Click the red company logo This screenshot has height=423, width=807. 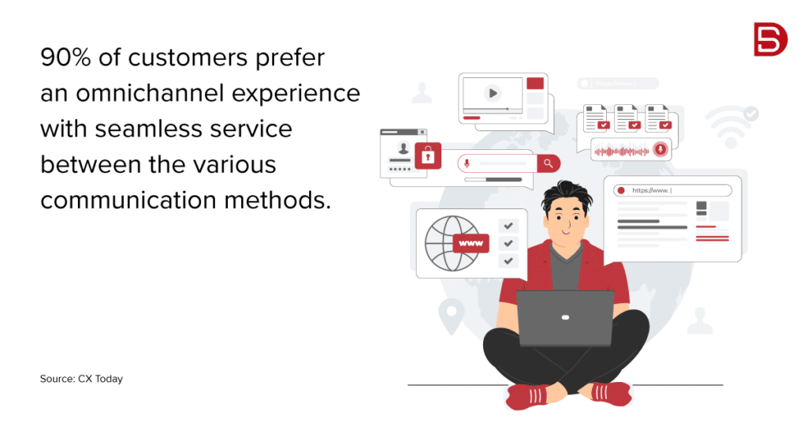[770, 39]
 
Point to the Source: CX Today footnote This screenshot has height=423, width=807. [81, 379]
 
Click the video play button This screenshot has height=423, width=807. [493, 93]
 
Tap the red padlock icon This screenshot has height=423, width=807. [428, 155]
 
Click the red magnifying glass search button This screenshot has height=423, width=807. [549, 163]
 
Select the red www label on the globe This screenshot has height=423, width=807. [470, 243]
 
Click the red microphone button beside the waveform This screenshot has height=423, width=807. [660, 149]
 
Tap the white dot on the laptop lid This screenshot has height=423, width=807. [564, 317]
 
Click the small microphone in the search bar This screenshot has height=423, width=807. [467, 163]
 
